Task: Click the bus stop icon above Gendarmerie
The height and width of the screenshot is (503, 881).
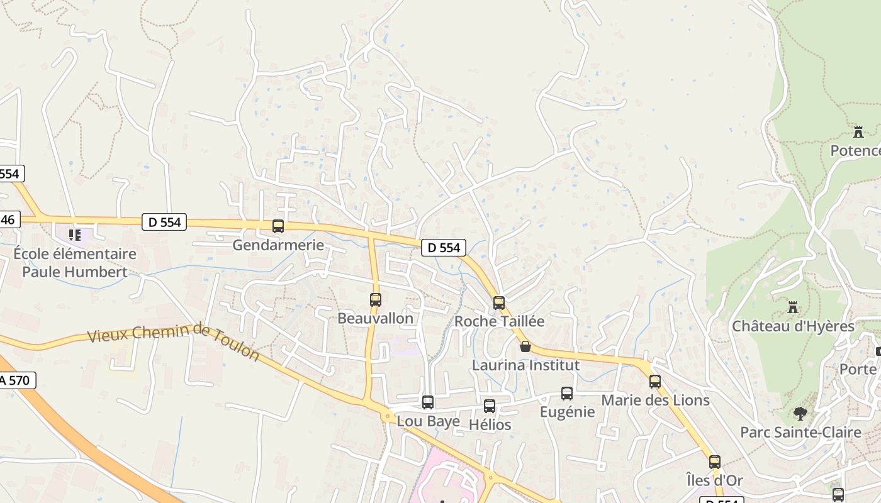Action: (278, 226)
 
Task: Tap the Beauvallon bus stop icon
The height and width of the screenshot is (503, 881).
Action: (376, 300)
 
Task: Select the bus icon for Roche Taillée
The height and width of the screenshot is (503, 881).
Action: (499, 303)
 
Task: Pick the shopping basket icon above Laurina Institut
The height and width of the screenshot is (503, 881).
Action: (525, 346)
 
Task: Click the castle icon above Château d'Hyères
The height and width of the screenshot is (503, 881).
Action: (793, 307)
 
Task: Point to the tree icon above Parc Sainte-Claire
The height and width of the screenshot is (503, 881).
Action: (800, 414)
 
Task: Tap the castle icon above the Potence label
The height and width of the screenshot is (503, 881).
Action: (858, 132)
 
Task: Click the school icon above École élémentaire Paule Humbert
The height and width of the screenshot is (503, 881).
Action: (76, 235)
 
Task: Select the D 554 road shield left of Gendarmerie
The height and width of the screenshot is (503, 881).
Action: (164, 222)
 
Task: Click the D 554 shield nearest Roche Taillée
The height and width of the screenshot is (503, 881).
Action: (444, 248)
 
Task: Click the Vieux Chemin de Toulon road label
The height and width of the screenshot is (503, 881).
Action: (174, 343)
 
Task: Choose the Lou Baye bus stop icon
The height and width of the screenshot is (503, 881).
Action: (428, 402)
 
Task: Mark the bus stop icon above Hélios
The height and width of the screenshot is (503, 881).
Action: (490, 406)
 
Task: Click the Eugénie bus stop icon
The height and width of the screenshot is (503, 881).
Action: (567, 394)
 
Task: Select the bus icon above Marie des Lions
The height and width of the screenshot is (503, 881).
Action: (655, 382)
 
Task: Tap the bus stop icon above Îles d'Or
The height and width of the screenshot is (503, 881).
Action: (714, 462)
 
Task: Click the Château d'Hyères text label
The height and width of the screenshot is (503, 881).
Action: (793, 326)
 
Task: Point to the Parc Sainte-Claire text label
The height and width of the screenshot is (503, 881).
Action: (800, 433)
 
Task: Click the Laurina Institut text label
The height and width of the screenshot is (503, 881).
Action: (525, 365)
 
